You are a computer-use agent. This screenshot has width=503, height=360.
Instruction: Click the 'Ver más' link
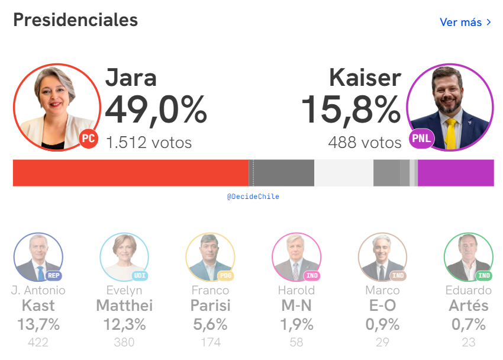coord(465,22)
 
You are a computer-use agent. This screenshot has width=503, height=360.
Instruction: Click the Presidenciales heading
coord(75,20)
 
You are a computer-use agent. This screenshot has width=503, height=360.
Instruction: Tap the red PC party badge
coord(89,139)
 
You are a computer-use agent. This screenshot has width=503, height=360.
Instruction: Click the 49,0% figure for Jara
coord(156,110)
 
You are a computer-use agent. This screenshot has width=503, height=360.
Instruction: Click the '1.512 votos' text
coord(149,142)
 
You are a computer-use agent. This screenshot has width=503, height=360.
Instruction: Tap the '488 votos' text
coord(365,142)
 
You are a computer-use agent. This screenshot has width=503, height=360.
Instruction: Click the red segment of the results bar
coord(130,173)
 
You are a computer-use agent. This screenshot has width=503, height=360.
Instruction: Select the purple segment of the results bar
coord(456,173)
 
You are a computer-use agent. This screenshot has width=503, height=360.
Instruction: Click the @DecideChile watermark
coord(253,197)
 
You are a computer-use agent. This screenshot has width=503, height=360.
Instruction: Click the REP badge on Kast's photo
coord(54,275)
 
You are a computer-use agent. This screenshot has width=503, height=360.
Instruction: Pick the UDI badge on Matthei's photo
coord(140,275)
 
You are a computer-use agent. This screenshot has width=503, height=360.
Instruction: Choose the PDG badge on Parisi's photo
coord(226,275)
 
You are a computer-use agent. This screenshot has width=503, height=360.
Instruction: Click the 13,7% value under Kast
coord(38,324)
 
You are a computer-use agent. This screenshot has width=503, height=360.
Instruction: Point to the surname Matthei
coord(124,306)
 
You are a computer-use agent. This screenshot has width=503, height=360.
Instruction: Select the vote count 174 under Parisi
coord(211,342)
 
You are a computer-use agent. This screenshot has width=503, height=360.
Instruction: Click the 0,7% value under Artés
coord(468,324)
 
